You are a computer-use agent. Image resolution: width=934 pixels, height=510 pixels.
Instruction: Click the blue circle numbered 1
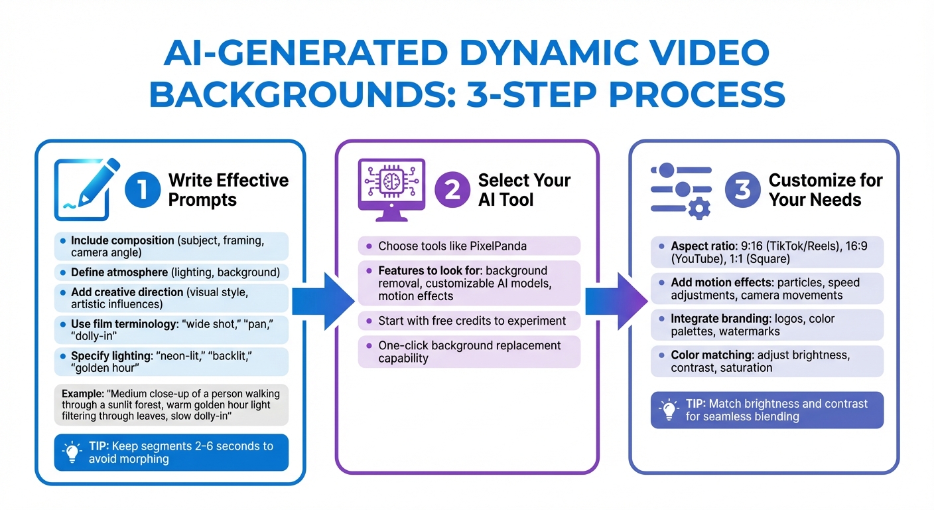tap(143, 190)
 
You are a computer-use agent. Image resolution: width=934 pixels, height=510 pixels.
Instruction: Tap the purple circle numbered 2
tap(452, 190)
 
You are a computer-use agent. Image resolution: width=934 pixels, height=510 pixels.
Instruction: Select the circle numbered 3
tap(742, 190)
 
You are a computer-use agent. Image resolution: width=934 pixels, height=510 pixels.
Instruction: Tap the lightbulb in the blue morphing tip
tap(71, 452)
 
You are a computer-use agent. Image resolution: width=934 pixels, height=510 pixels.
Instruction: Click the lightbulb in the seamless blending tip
tap(668, 410)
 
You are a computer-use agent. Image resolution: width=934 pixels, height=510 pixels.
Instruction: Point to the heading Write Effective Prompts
tap(228, 190)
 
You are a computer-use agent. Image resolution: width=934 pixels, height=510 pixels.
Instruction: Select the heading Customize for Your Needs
tap(825, 190)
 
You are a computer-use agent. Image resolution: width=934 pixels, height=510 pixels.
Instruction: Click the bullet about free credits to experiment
tap(471, 321)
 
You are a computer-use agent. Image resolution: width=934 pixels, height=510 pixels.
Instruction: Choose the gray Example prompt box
tap(171, 404)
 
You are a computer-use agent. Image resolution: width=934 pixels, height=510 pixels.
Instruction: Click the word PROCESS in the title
tap(697, 94)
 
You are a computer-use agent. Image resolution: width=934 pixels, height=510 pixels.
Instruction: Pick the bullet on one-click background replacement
tap(469, 352)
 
